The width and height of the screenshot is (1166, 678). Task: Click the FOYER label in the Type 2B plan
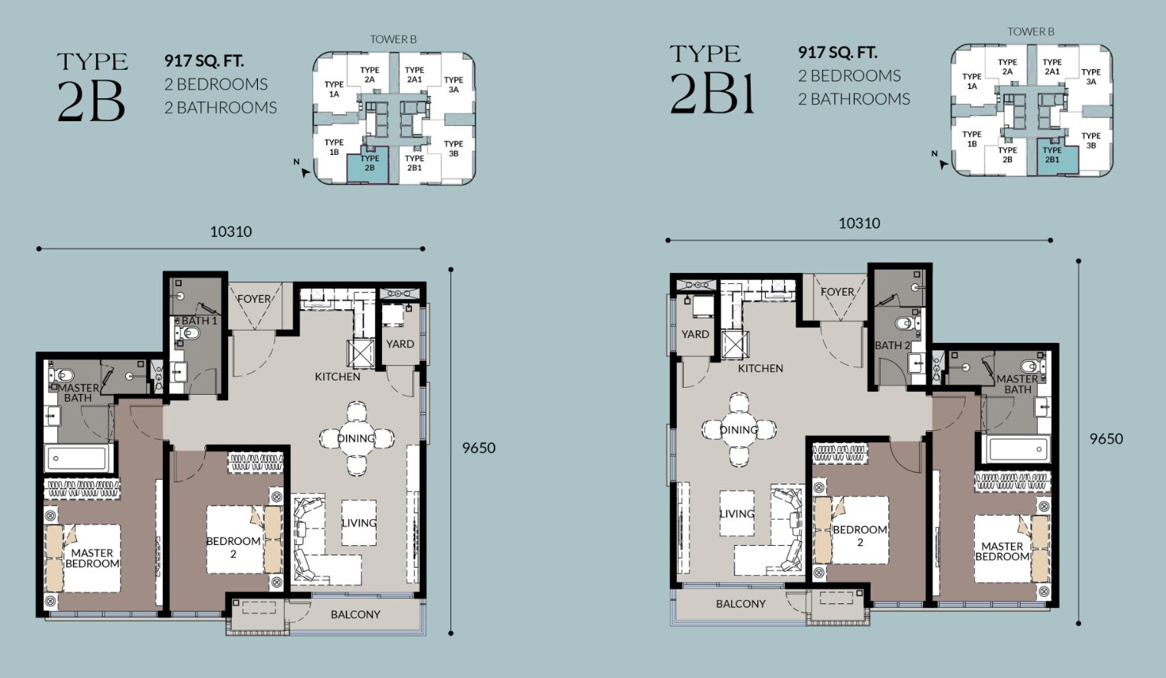254,299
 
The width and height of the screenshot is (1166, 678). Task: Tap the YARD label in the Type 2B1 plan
696,334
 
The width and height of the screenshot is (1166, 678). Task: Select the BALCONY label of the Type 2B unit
355,614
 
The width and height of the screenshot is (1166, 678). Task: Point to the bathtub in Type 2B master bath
77,458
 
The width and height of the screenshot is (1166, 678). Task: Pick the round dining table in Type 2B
357,438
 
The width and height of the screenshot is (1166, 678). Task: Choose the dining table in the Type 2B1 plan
738,429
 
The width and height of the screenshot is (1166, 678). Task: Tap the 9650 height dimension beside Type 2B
479,448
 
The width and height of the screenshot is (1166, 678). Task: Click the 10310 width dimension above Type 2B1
859,223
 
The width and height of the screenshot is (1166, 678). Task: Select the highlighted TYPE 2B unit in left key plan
368,164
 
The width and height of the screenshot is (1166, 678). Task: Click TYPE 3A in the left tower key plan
454,84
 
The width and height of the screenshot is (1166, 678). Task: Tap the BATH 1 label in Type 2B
199,321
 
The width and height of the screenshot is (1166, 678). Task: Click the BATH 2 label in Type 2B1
892,345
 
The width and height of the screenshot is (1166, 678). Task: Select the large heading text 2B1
712,93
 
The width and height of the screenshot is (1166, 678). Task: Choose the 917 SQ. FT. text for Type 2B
204,61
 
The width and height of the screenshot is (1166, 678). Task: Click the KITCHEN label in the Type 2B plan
337,377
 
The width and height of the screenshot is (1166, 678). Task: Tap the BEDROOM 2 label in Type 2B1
859,536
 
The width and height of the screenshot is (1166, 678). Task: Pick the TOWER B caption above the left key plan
393,39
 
